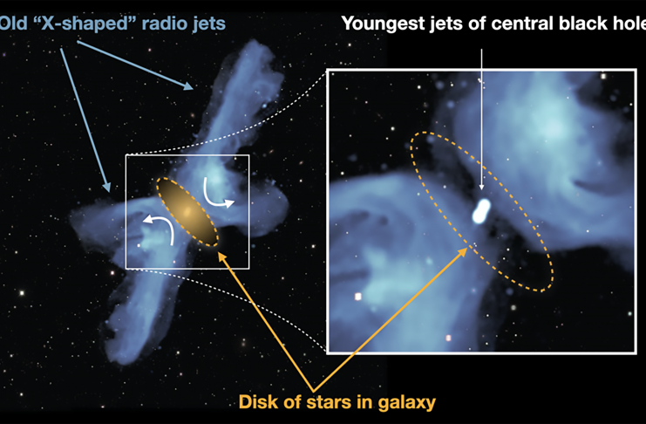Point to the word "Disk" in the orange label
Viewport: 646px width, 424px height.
coord(260,401)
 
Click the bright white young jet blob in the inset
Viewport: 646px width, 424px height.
coord(481,211)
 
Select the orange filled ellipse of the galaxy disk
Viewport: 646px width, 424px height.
coord(187,212)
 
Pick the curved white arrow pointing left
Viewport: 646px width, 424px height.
coord(161,227)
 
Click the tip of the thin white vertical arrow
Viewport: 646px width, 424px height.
coord(481,190)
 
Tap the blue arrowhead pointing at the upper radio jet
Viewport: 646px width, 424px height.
coord(188,86)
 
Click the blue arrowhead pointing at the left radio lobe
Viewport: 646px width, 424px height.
coord(106,188)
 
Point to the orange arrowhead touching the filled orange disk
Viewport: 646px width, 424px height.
coord(221,256)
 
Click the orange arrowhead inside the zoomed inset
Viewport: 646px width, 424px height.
coord(463,251)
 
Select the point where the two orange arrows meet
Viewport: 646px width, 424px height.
coord(313,391)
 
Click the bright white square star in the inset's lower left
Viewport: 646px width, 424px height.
coord(357,297)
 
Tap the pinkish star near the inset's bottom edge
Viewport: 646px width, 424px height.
coord(448,339)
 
